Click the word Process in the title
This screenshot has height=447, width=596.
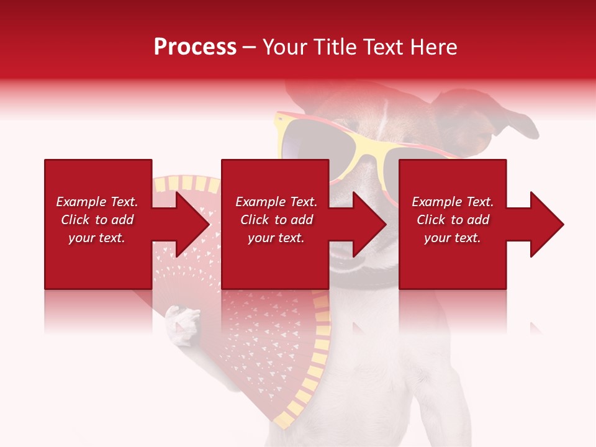(x=195, y=47)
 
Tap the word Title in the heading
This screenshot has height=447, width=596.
(x=332, y=47)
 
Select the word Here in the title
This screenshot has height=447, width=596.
(x=435, y=47)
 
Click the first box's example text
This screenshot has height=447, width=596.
(x=97, y=220)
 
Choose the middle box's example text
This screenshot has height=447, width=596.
(x=276, y=220)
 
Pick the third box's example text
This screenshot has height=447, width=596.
(x=453, y=220)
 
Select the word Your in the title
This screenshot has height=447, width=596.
(x=283, y=47)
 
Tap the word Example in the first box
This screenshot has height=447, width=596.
(x=80, y=202)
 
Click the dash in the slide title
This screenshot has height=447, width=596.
(x=249, y=47)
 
